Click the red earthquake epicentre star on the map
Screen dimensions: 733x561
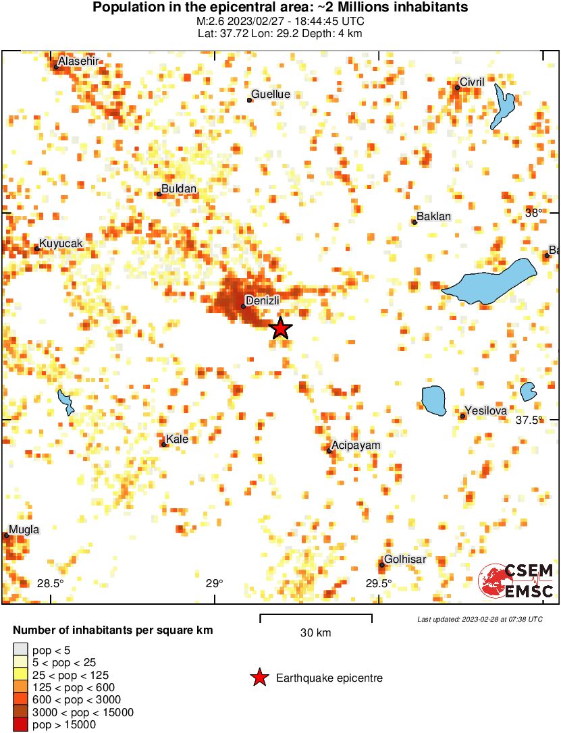tap(281, 329)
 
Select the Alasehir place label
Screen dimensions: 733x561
tap(79, 61)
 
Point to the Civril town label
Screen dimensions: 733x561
tap(472, 82)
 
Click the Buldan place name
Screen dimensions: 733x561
tap(180, 190)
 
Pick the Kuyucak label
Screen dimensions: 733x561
tap(61, 243)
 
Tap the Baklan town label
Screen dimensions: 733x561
tap(434, 217)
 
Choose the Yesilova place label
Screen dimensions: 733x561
tap(485, 410)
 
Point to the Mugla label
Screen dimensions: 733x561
tap(24, 530)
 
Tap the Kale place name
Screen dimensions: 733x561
tap(178, 439)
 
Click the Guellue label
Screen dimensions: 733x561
tap(271, 94)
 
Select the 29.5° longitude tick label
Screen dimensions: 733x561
tap(378, 584)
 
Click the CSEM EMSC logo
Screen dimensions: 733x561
tap(516, 581)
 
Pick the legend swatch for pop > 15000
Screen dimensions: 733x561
tap(20, 725)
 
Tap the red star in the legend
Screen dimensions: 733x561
tap(259, 678)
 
